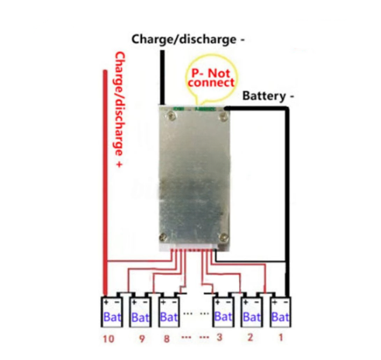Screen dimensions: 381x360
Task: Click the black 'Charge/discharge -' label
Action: pos(188,40)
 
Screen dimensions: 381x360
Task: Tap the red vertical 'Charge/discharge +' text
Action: pos(119,109)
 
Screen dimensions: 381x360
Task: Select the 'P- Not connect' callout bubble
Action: pos(211,78)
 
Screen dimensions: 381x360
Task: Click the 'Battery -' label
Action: pos(268,96)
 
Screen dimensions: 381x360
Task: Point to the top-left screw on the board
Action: pos(171,116)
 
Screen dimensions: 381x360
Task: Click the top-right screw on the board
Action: pos(223,116)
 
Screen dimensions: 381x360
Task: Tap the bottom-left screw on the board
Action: pos(163,237)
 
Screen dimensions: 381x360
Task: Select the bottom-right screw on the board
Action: pos(223,237)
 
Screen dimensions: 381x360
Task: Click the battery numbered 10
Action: pos(112,312)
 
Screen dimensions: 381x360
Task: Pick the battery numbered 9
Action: pos(140,312)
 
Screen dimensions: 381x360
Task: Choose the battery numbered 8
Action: pos(168,312)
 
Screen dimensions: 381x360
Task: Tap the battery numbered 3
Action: pos(223,312)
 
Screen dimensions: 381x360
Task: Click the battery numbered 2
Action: pos(252,312)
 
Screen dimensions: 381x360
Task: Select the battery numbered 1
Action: pos(280,312)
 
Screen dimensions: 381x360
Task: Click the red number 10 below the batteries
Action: pos(109,339)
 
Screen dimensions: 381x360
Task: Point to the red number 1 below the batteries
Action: pos(281,337)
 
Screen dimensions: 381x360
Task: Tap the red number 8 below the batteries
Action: pos(167,338)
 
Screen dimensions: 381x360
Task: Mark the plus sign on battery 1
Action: pos(275,302)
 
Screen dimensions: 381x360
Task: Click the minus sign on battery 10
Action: pos(117,302)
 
